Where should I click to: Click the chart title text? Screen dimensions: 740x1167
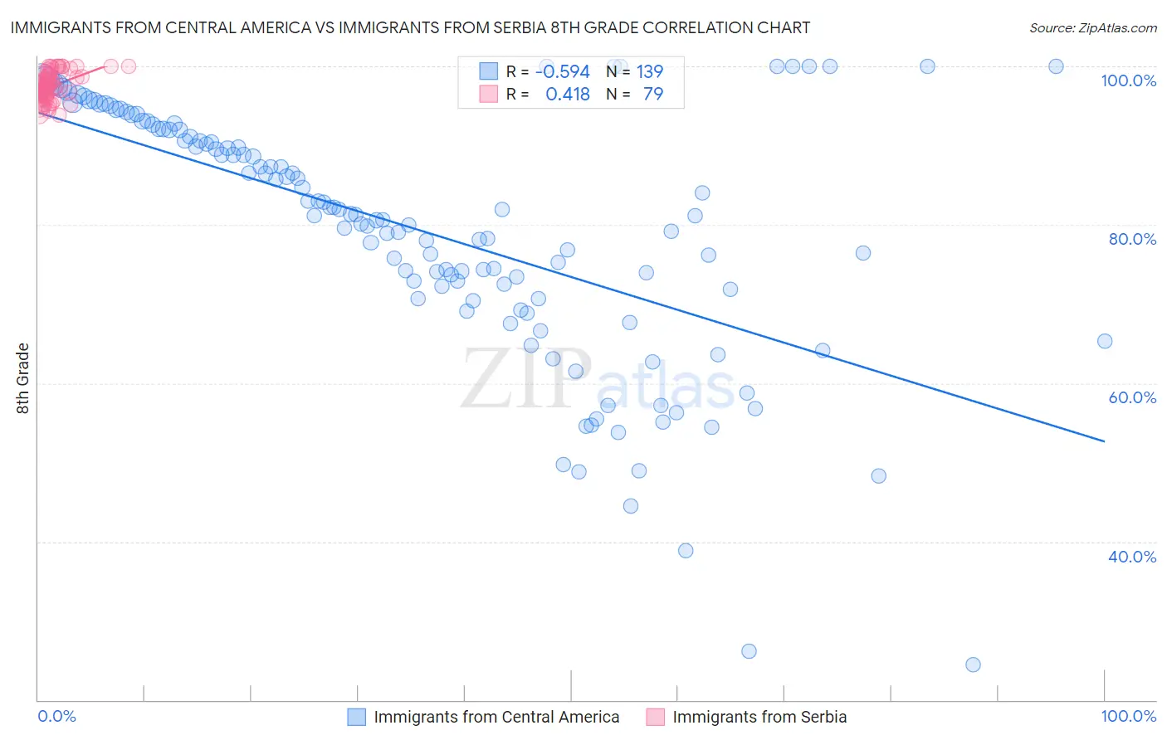(x=410, y=27)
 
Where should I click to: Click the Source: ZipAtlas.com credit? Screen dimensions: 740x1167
(x=1092, y=27)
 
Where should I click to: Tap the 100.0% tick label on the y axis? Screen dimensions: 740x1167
(x=1128, y=80)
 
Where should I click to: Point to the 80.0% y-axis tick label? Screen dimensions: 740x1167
(x=1131, y=239)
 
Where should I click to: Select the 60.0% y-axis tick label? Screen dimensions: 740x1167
(x=1131, y=397)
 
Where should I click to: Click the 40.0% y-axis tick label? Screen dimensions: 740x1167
(x=1131, y=557)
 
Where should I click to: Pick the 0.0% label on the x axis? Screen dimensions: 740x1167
(x=56, y=716)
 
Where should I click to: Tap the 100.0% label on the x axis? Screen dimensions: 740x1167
(x=1128, y=716)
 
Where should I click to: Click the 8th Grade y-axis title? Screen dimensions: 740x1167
(x=23, y=378)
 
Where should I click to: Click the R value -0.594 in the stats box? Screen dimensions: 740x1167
(x=562, y=72)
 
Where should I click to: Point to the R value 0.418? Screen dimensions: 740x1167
(x=567, y=95)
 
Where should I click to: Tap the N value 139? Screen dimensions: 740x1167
(x=649, y=72)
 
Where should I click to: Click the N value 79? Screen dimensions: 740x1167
(x=653, y=95)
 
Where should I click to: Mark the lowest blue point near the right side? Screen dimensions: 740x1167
(x=973, y=665)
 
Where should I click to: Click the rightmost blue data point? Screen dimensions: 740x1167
(x=1104, y=341)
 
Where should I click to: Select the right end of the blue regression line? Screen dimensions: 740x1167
(x=1104, y=441)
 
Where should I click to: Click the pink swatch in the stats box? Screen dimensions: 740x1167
(x=488, y=95)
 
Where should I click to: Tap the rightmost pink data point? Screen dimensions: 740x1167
(x=129, y=66)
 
